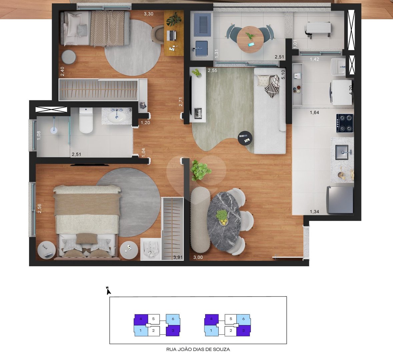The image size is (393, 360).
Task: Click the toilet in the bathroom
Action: pyautogui.click(x=86, y=120)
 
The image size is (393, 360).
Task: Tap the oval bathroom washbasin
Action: pyautogui.click(x=117, y=117)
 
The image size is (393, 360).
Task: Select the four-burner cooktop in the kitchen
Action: pyautogui.click(x=345, y=123)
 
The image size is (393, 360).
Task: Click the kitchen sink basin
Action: pyautogui.click(x=342, y=152)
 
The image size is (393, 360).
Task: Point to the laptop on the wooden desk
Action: pyautogui.click(x=172, y=35)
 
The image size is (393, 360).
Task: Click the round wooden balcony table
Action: pyautogui.click(x=250, y=40)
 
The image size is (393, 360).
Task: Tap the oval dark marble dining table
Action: pyautogui.click(x=224, y=221)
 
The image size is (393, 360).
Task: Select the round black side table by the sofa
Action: pyautogui.click(x=245, y=138)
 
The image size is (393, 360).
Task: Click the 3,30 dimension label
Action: pyautogui.click(x=148, y=14)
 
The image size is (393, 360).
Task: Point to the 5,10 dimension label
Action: pyautogui.click(x=283, y=74)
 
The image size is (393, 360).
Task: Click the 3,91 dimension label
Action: pyautogui.click(x=178, y=257)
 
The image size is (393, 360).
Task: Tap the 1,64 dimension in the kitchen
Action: pyautogui.click(x=314, y=113)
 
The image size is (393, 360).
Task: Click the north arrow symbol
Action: pyautogui.click(x=108, y=291)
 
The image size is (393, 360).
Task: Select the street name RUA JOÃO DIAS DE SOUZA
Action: pyautogui.click(x=198, y=349)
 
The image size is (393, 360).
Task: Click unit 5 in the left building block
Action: pyautogui.click(x=153, y=319)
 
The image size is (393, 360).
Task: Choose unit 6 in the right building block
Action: pyautogui.click(x=243, y=319)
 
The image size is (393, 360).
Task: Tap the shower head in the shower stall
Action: pyautogui.click(x=54, y=130)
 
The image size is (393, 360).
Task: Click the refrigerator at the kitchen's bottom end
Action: pyautogui.click(x=340, y=200)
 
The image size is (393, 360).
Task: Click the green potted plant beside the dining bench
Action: pyautogui.click(x=200, y=170)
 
